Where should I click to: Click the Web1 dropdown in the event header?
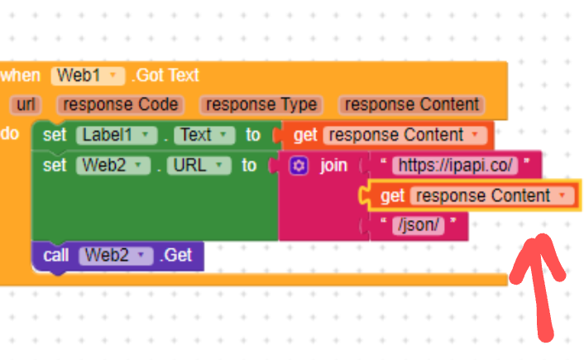point(87,75)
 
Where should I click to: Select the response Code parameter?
point(121,105)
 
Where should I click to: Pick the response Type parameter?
point(261,105)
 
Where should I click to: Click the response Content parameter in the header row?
point(411,105)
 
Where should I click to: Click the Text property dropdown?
point(203,135)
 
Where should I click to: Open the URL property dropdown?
point(199,166)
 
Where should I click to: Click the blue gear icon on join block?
point(299,166)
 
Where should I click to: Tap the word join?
point(333,166)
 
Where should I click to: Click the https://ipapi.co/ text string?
point(456,165)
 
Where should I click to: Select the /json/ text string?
point(419,225)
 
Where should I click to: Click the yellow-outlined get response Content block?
point(393,196)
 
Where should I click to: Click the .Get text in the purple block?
point(175,256)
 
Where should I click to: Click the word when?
point(22,75)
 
